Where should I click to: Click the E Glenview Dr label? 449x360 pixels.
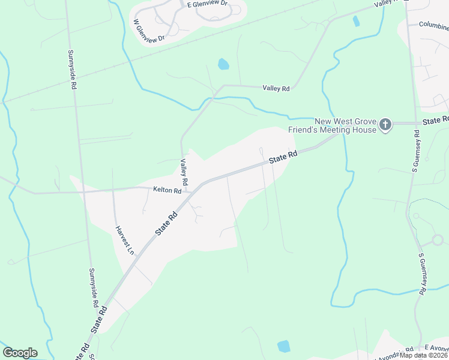tap(208, 4)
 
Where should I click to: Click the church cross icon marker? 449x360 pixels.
tap(385, 125)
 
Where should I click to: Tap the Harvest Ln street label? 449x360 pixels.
tap(124, 241)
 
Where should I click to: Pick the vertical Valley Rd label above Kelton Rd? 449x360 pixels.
tap(184, 172)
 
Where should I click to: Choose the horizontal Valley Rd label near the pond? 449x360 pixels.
tap(276, 88)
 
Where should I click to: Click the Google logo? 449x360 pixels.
tap(20, 353)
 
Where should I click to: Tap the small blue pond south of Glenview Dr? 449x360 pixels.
tap(223, 64)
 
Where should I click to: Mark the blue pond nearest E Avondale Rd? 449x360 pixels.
tap(283, 346)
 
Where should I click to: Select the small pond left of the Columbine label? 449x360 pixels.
tap(357, 21)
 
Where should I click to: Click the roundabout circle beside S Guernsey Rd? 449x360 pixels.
tap(437, 240)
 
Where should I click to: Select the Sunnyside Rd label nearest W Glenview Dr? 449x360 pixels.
tap(73, 70)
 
